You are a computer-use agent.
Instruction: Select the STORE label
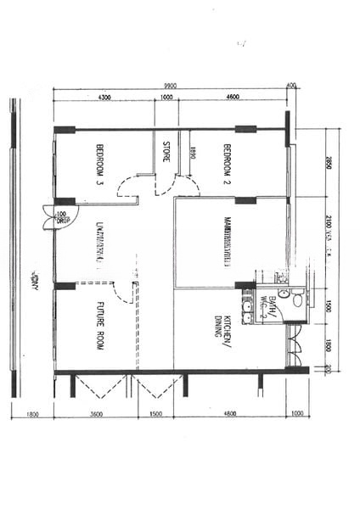(166, 151)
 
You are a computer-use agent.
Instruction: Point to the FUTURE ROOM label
(100, 322)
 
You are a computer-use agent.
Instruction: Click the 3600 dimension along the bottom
(95, 414)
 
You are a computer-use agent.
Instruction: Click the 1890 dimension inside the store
(194, 154)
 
